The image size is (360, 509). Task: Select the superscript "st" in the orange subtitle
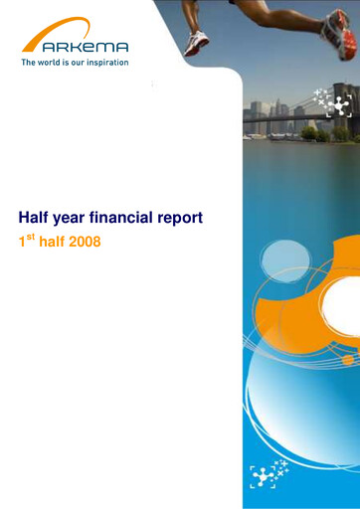[30, 237]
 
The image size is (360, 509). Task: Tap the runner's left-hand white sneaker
[196, 42]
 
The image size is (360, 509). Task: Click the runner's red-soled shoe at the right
[336, 36]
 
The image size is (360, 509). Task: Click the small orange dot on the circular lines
[348, 360]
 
